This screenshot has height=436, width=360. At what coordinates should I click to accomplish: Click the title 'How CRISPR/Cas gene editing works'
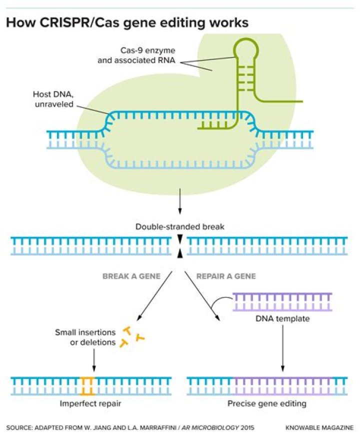pos(127,23)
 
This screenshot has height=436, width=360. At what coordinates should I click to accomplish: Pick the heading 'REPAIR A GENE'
pos(226,275)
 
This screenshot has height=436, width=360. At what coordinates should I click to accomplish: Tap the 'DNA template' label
pos(282,318)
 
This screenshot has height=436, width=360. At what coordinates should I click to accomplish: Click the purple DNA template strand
pos(282,302)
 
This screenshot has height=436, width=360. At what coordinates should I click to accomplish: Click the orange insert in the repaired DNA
pos(88,386)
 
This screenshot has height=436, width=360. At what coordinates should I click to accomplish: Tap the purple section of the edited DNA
pos(282,386)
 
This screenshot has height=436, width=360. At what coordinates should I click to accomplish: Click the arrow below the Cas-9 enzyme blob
pos(179,202)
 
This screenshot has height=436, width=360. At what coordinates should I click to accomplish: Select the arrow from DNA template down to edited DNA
pos(283,347)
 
